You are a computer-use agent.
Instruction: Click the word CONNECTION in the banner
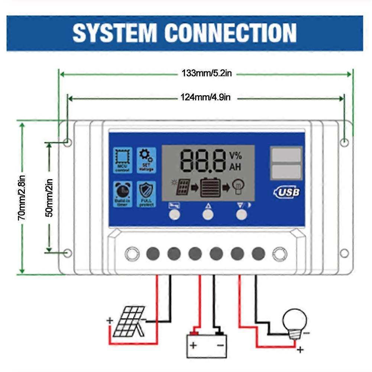coord(230,33)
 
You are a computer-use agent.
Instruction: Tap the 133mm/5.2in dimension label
coord(207,74)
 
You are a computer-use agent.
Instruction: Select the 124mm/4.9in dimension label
coord(206,98)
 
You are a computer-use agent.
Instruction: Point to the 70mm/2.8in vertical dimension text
coord(22,198)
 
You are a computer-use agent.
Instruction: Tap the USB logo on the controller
coord(287,192)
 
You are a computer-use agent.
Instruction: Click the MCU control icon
coord(122,160)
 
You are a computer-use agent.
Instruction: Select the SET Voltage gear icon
coord(146,160)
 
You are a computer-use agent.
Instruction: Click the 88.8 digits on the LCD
coord(203,161)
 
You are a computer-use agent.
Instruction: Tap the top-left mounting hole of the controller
coord(67,142)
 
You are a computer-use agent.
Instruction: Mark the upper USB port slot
coord(286,156)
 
